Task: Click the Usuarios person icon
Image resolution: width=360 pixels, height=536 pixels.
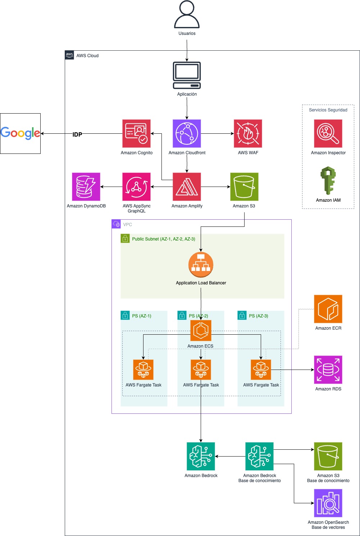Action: [x=187, y=15]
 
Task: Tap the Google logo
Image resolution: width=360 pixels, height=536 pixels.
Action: [x=20, y=133]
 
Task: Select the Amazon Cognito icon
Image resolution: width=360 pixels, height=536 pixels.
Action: [x=136, y=133]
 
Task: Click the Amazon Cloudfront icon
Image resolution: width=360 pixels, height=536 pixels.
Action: [x=187, y=133]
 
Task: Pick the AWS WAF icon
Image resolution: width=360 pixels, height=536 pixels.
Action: [x=248, y=133]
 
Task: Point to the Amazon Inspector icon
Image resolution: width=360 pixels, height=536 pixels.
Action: [x=328, y=133]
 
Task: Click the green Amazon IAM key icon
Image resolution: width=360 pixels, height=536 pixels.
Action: [x=328, y=180]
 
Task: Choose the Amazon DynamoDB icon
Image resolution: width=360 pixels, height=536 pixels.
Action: [x=86, y=187]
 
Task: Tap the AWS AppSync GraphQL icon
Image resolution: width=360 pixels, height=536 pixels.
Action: [x=136, y=187]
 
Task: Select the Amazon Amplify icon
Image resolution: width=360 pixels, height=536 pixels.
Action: [x=187, y=187]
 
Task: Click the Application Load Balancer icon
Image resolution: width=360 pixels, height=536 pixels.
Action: [x=201, y=265]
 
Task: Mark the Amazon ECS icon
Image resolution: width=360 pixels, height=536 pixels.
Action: [x=201, y=330]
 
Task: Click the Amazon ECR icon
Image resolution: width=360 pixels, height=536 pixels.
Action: [x=328, y=309]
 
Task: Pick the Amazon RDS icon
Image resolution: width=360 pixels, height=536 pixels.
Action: [x=328, y=370]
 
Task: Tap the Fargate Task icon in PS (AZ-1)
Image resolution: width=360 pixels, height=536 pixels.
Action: [x=143, y=370]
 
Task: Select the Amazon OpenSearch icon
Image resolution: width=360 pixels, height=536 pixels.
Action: [x=328, y=503]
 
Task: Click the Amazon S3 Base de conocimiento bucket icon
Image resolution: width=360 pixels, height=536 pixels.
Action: [x=328, y=456]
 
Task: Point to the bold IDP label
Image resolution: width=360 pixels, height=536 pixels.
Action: [x=77, y=134]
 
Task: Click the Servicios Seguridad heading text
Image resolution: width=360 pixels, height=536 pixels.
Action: [x=328, y=110]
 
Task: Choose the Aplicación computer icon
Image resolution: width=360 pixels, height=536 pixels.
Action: [x=187, y=75]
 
